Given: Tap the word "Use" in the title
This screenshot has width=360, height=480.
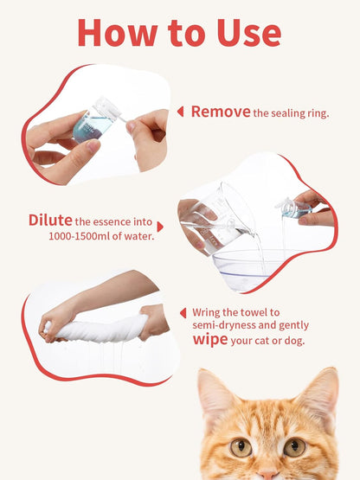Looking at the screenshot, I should [244, 32].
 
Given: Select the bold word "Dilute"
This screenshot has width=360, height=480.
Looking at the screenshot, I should [49, 220].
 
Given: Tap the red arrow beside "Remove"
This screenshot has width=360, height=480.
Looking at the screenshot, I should [180, 112].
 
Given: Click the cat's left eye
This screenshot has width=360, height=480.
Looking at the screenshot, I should [241, 446].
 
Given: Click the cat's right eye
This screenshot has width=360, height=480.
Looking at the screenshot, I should [295, 446].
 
